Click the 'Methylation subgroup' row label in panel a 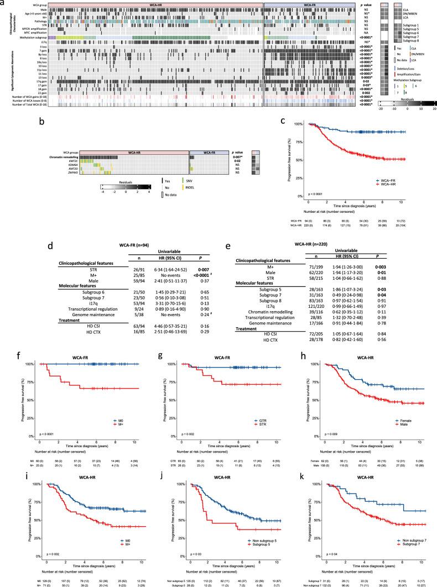(x=32, y=37)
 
